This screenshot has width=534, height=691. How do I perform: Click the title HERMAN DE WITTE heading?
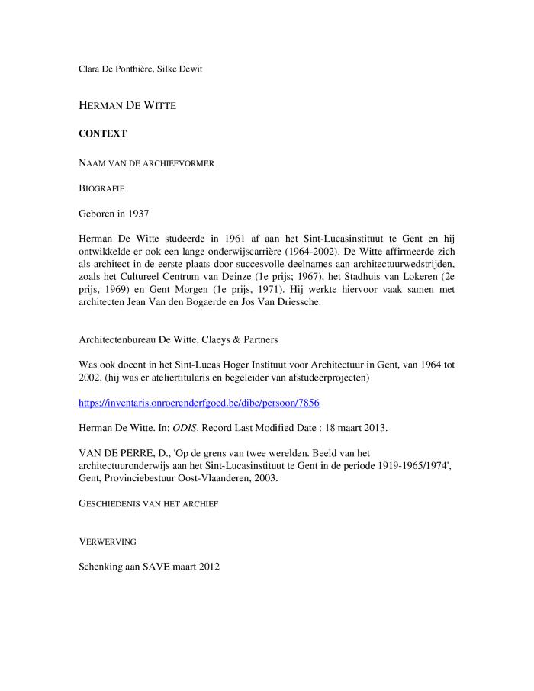127,106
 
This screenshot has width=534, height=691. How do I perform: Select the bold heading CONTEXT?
102,133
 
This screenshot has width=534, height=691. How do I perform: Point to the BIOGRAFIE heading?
101,187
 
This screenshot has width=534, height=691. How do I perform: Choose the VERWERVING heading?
108,542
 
